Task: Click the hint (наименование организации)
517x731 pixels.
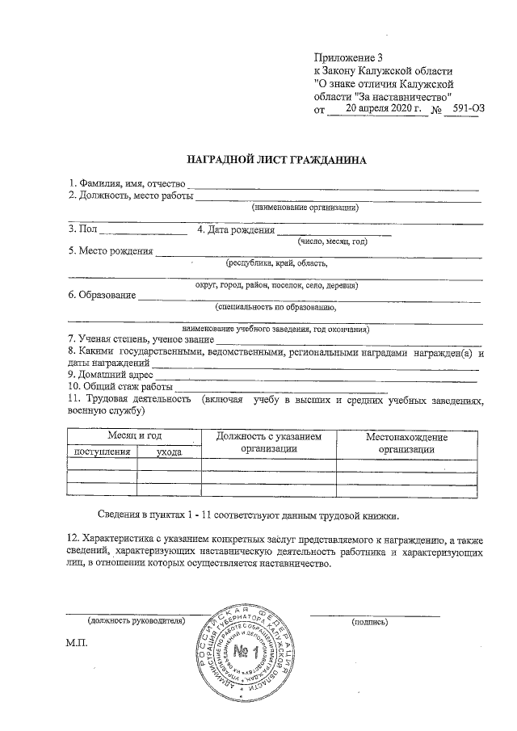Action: [305, 208]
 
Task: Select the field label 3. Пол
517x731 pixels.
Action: [82, 229]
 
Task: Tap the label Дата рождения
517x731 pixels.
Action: [235, 230]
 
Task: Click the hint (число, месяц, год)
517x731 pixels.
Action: [332, 242]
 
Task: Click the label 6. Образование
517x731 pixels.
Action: [101, 295]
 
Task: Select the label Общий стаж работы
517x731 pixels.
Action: [120, 386]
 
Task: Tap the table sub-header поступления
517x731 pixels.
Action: [102, 452]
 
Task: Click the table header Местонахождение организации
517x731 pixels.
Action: [407, 443]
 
